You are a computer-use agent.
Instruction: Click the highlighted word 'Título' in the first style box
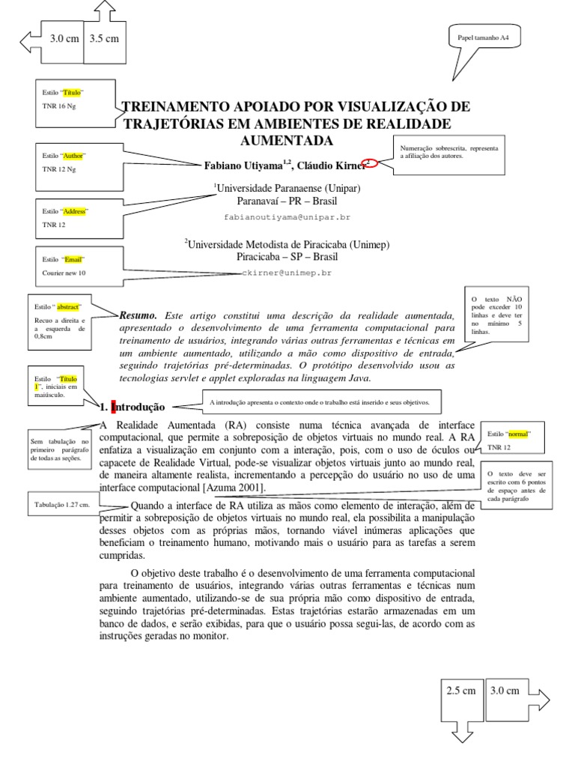coord(71,92)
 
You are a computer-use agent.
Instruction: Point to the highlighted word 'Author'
coord(73,156)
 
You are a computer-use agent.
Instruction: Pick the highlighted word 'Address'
coord(75,212)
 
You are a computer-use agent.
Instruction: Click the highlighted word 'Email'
coord(73,259)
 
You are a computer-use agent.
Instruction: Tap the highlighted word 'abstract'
coord(69,307)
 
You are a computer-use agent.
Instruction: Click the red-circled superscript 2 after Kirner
coord(367,163)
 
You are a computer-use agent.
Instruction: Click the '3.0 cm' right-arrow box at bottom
coord(505,691)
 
